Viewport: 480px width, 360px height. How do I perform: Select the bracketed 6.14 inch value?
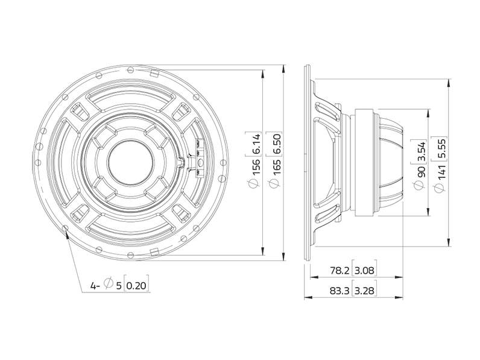(256, 143)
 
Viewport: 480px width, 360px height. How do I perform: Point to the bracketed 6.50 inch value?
(276, 143)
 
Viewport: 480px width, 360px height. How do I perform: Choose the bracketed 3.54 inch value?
(422, 151)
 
